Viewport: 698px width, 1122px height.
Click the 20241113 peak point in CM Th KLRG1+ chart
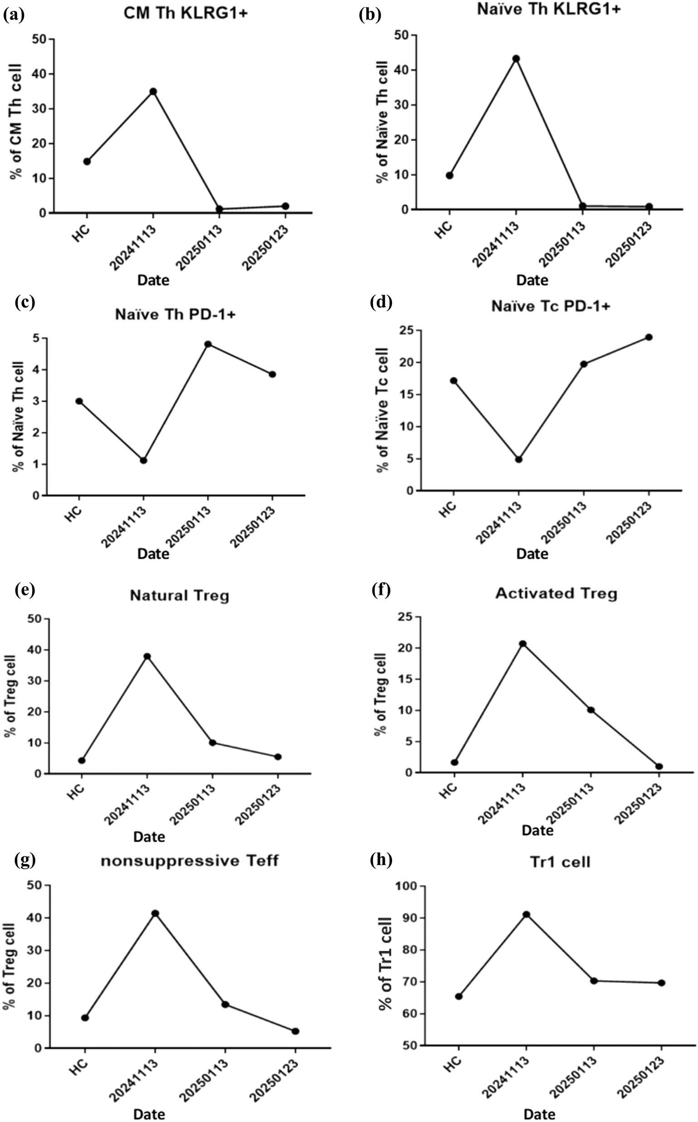pyautogui.click(x=153, y=92)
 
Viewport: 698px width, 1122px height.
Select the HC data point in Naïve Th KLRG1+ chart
pyautogui.click(x=449, y=175)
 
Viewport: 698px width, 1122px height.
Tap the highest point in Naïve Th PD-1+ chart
pyautogui.click(x=208, y=344)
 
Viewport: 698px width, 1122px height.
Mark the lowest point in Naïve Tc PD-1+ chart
pyautogui.click(x=519, y=459)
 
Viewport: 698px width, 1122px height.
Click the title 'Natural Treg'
pyautogui.click(x=179, y=595)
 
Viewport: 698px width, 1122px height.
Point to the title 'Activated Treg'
pyautogui.click(x=556, y=593)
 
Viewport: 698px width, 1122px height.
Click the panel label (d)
pyautogui.click(x=381, y=302)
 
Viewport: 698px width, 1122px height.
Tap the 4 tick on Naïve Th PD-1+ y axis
pyautogui.click(x=36, y=370)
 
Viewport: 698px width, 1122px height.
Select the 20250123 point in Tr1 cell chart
pyautogui.click(x=662, y=983)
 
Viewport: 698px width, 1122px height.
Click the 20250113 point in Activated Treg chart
pyautogui.click(x=591, y=709)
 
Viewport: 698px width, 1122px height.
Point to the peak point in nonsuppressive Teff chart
pyautogui.click(x=155, y=913)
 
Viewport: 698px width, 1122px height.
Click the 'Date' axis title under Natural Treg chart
pyautogui.click(x=149, y=837)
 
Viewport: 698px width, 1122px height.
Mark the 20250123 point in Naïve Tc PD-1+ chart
pyautogui.click(x=649, y=337)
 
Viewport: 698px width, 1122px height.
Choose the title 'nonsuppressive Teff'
pyautogui.click(x=189, y=861)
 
